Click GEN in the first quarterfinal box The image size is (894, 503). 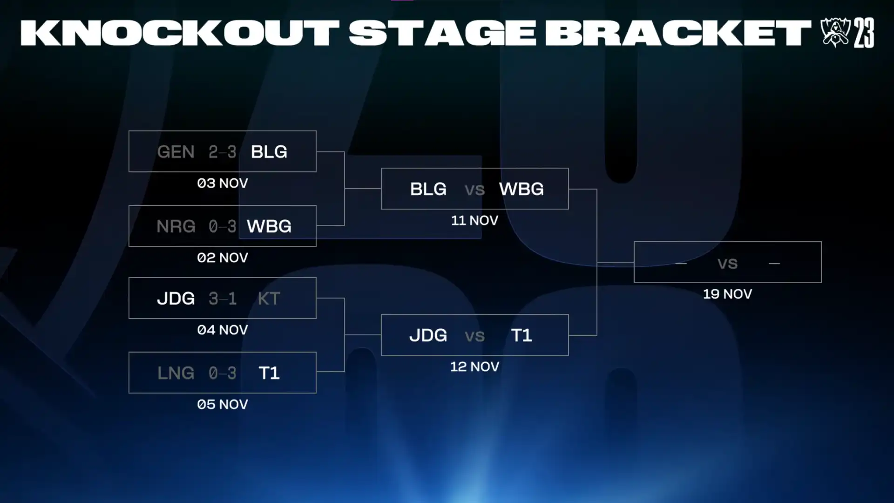click(176, 152)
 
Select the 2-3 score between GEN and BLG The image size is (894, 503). click(223, 152)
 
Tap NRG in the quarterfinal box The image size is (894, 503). click(176, 226)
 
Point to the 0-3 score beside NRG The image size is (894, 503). click(223, 226)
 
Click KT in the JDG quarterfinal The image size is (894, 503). click(269, 299)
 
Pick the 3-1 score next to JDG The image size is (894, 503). click(223, 299)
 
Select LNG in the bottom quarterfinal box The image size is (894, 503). click(176, 373)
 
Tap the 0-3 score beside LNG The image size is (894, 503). click(223, 373)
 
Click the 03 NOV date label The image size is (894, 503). click(223, 183)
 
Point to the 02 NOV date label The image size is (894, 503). click(223, 258)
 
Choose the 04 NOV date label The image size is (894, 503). click(223, 330)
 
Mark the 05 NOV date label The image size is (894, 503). click(223, 404)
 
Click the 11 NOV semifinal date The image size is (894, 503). click(474, 220)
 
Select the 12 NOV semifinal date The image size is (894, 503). click(474, 367)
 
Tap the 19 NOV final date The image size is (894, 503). click(727, 294)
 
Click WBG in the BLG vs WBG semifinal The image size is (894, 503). click(521, 189)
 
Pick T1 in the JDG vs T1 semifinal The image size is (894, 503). click(521, 335)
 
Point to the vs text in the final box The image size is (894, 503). click(727, 264)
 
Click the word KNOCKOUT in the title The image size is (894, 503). click(180, 33)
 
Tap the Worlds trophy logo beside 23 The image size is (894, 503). click(835, 32)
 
